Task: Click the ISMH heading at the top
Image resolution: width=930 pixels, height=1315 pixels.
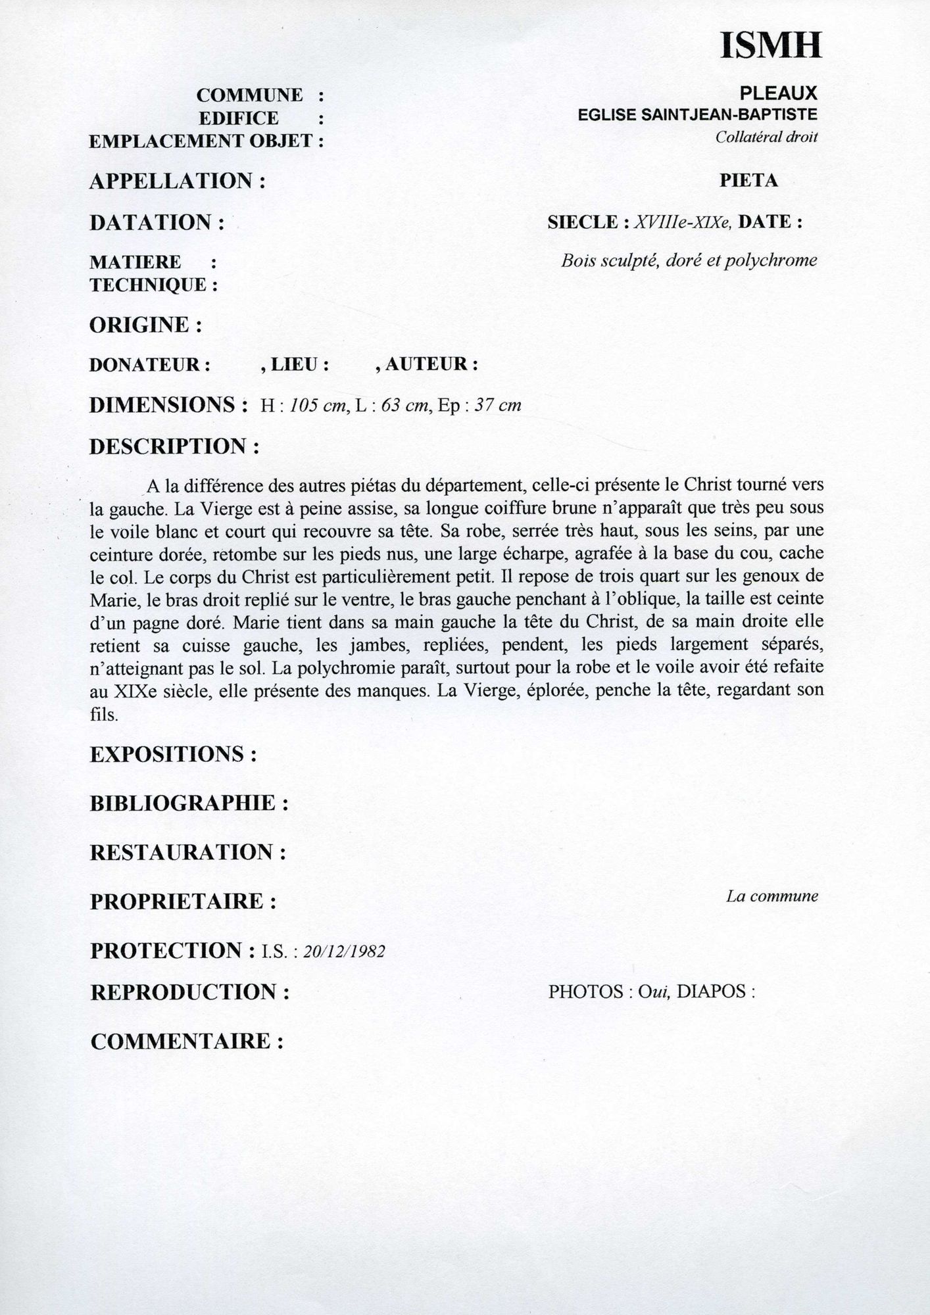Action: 771,46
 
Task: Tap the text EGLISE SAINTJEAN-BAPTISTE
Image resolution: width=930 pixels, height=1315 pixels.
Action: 697,115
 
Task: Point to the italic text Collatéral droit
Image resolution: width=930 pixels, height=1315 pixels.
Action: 766,137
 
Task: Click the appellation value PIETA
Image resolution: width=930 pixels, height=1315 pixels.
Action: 748,181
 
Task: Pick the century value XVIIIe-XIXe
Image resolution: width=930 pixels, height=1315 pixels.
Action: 683,222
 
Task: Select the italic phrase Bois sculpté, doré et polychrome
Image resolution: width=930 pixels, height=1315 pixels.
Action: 689,261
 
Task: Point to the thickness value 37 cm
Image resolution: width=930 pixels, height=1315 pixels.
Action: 497,406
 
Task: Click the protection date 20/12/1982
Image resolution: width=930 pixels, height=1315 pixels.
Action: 344,952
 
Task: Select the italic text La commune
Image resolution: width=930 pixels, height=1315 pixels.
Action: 771,896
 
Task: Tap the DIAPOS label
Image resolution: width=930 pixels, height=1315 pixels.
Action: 711,992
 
